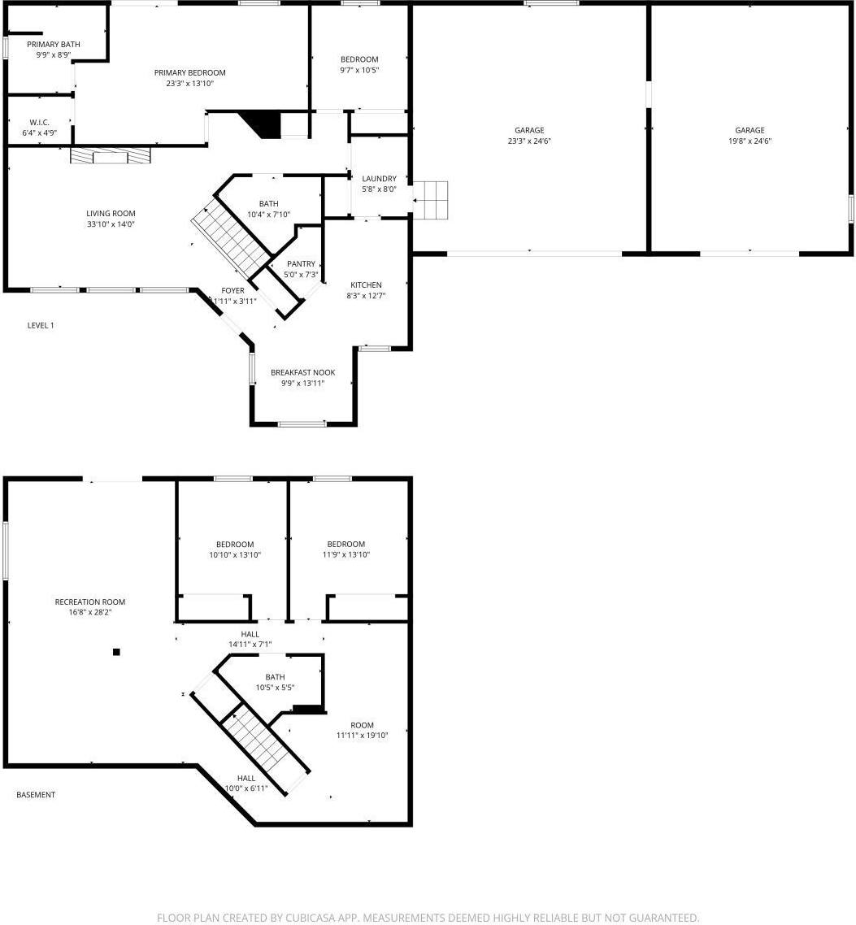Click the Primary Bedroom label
189,72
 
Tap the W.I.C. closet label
39,122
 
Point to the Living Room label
111,214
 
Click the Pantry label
301,264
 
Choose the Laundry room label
379,179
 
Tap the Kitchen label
366,284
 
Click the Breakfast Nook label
302,372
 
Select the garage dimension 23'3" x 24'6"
529,141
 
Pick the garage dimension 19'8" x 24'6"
750,141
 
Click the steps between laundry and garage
432,200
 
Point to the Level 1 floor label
41,325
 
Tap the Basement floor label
36,794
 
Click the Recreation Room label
89,601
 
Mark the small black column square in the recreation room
116,651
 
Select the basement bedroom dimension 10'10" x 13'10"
234,554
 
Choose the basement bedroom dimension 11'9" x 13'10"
345,554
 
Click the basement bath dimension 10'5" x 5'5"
275,687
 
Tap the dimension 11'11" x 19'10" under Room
362,735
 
